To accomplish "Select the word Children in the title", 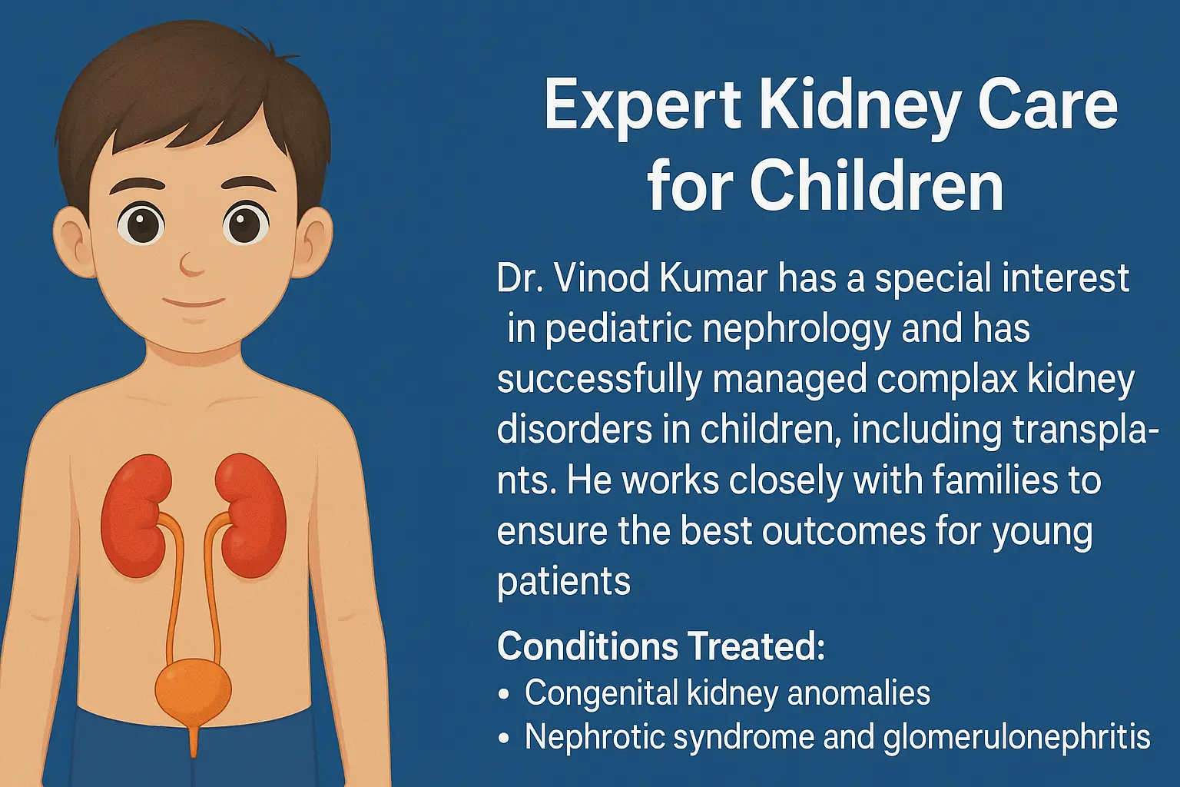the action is [x=876, y=184].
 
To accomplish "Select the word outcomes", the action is [x=844, y=532].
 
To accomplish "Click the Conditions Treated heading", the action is [x=661, y=646].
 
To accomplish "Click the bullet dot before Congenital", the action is [x=504, y=694].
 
